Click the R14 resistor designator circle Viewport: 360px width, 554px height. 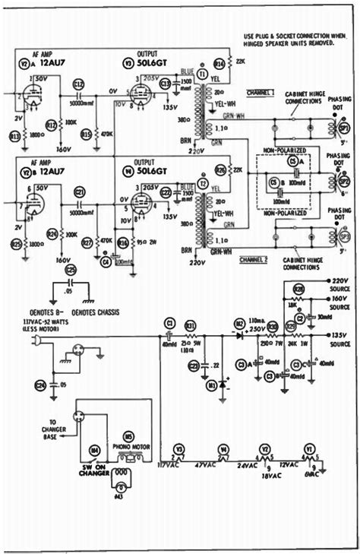[x=219, y=63]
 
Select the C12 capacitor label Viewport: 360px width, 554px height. [x=78, y=84]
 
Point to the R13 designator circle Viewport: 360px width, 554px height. [x=13, y=135]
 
